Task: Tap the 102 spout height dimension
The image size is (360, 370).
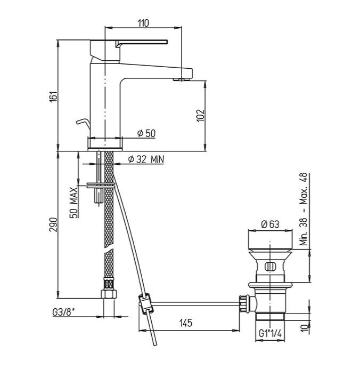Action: [200, 116]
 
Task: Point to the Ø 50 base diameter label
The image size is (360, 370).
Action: [146, 134]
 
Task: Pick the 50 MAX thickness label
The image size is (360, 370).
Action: [75, 202]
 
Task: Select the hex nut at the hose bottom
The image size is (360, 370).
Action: [109, 295]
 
